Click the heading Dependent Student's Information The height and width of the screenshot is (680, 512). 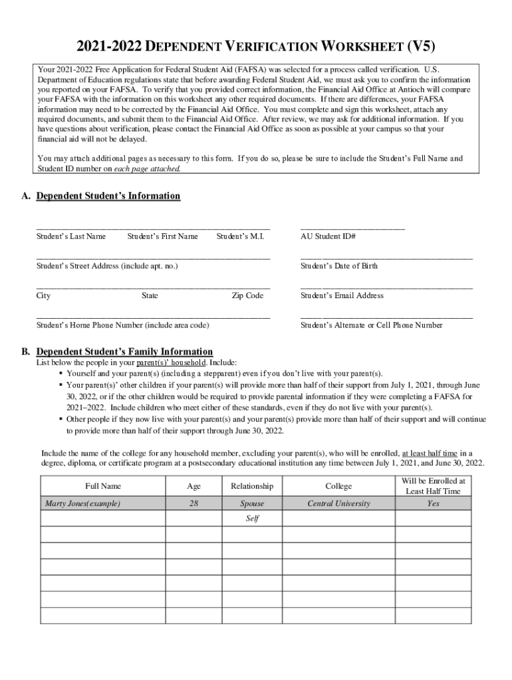pyautogui.click(x=108, y=196)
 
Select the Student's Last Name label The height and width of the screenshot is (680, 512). pyautogui.click(x=71, y=236)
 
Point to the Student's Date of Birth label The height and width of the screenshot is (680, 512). pyautogui.click(x=339, y=266)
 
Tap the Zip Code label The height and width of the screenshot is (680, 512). pyautogui.click(x=247, y=296)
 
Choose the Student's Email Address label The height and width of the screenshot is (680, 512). pyautogui.click(x=342, y=296)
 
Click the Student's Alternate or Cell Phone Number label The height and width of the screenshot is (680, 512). pyautogui.click(x=371, y=325)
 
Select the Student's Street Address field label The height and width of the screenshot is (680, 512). pyautogui.click(x=107, y=266)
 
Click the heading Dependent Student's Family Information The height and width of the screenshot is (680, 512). pyautogui.click(x=124, y=351)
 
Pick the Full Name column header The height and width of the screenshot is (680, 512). pyautogui.click(x=103, y=486)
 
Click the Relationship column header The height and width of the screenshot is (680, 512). pyautogui.click(x=252, y=486)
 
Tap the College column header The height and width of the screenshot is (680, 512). pyautogui.click(x=338, y=486)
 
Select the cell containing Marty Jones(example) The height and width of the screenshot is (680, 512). pyautogui.click(x=82, y=503)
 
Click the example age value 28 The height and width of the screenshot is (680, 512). pyautogui.click(x=193, y=503)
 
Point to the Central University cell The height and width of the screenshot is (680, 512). pyautogui.click(x=338, y=503)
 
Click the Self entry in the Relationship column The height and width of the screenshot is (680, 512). pyautogui.click(x=252, y=519)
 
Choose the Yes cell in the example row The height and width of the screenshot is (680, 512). pyautogui.click(x=433, y=503)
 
